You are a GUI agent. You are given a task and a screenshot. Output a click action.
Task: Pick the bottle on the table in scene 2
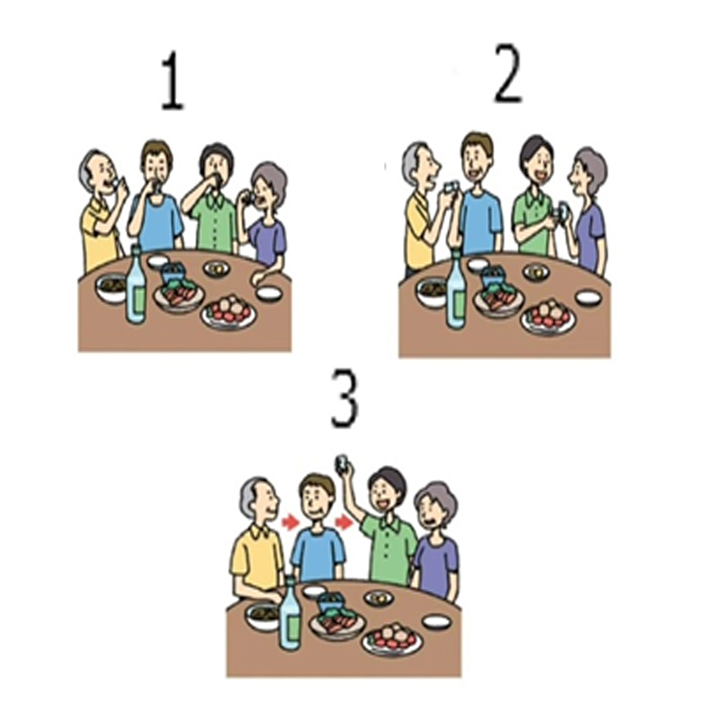pos(456,291)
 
